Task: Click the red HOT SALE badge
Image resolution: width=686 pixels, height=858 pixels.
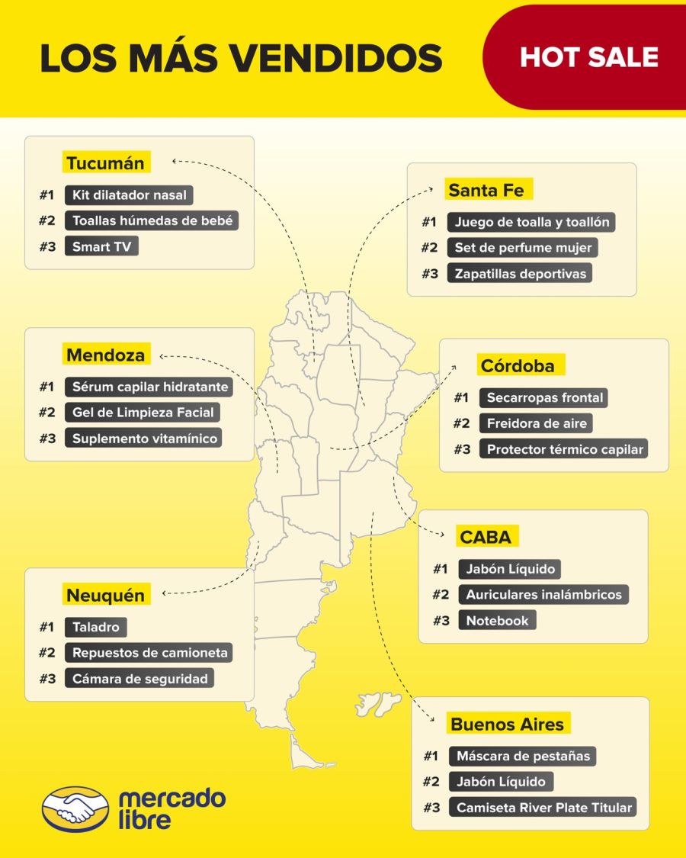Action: (588, 57)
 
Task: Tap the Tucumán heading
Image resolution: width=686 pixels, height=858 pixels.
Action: (105, 163)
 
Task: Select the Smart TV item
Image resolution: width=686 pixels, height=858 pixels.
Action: (101, 246)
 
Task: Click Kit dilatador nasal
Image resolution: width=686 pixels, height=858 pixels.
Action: (129, 194)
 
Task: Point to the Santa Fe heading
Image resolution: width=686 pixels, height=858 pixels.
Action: (486, 190)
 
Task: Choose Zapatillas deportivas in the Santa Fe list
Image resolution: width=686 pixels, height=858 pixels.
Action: (521, 273)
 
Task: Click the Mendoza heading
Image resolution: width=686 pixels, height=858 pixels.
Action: (105, 355)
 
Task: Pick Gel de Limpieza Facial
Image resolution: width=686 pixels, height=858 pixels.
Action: (143, 413)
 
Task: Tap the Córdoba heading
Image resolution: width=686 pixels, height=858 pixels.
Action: (518, 366)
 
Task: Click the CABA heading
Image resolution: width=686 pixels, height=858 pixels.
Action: (486, 537)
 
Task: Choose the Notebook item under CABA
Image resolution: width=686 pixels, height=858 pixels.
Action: (497, 620)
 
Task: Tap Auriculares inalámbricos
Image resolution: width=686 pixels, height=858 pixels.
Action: (543, 594)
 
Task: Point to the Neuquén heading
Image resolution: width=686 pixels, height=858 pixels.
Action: (105, 595)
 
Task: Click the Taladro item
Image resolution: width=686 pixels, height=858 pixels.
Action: (96, 627)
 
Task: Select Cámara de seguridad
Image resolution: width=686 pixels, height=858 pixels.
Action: (139, 678)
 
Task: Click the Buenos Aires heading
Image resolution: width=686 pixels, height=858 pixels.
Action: (507, 725)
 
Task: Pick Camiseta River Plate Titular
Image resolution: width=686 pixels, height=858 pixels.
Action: (543, 807)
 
